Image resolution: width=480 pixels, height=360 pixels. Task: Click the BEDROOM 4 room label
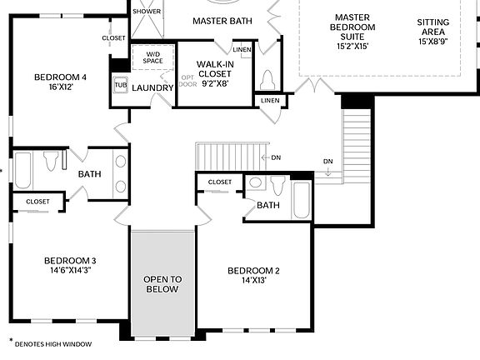(60, 77)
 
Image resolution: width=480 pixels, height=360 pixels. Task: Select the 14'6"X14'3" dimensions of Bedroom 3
(71, 271)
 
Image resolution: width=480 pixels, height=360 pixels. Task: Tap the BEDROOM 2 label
(253, 271)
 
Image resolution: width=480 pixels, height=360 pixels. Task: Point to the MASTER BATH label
(223, 20)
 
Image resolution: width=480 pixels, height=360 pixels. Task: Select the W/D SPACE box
(152, 57)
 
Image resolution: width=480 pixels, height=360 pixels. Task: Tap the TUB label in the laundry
(121, 85)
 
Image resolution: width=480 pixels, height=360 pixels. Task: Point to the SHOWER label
(147, 11)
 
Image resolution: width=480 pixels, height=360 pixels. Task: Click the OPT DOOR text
(187, 82)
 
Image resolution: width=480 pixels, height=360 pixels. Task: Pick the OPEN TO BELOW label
(162, 283)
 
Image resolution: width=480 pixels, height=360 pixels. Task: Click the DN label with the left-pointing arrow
(272, 157)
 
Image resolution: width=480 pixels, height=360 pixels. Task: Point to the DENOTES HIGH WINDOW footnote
(52, 343)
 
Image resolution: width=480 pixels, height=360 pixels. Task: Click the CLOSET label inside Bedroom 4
(113, 38)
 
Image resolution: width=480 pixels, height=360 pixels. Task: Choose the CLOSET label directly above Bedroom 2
(220, 182)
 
